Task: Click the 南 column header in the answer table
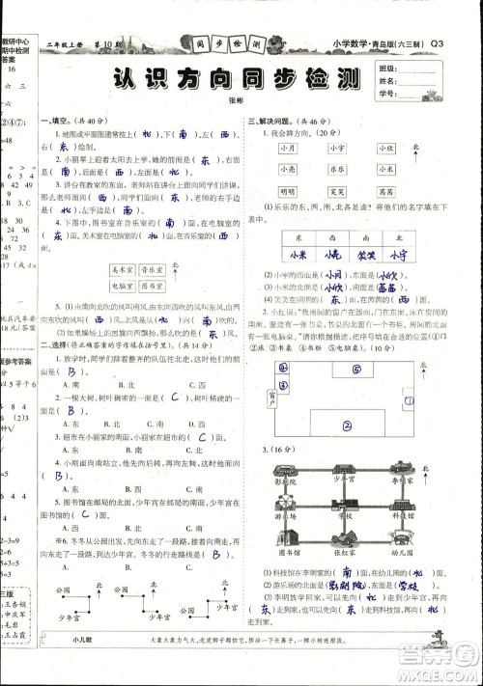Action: pos(360,235)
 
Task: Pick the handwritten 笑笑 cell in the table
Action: pos(360,255)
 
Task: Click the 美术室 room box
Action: pos(122,271)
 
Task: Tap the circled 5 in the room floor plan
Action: pos(356,369)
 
